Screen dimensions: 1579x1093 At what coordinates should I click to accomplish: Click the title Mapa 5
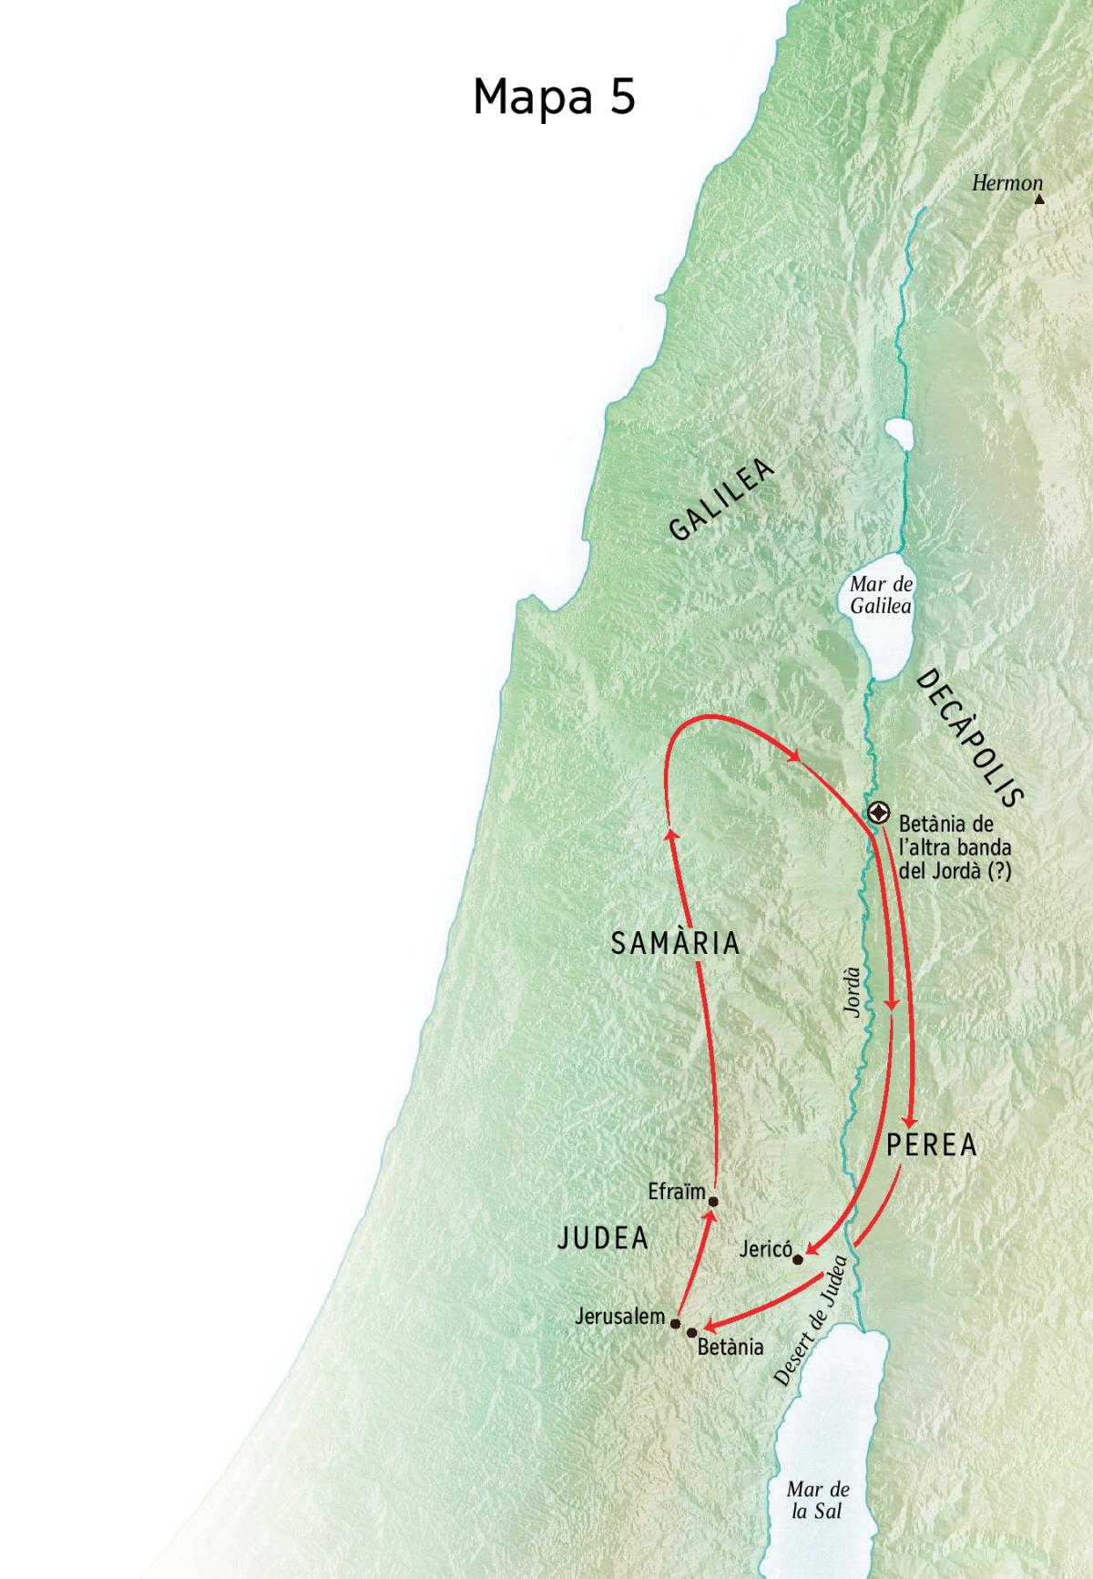point(554,96)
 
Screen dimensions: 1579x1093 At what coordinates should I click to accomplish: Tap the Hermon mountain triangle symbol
point(1039,198)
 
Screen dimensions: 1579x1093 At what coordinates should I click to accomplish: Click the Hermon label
point(1006,183)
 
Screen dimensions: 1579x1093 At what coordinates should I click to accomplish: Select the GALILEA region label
point(721,500)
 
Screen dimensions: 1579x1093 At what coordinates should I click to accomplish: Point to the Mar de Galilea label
point(881,595)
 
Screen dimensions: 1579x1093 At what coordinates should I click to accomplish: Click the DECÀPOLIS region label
point(970,738)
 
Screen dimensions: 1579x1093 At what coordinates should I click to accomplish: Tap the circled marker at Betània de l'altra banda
point(879,812)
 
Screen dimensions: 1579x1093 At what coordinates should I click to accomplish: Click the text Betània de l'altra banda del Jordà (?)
point(955,847)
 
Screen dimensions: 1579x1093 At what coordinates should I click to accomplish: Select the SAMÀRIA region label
point(675,944)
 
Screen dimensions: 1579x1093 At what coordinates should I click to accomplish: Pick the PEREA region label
point(931,1145)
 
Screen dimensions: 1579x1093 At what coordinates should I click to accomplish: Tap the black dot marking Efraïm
point(713,1201)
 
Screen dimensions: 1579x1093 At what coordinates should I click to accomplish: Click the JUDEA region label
point(603,1237)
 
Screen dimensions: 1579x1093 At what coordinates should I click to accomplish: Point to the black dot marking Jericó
point(798,1259)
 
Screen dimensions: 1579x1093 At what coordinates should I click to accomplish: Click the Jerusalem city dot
point(675,1322)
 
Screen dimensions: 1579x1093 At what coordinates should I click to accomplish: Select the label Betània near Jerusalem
point(730,1348)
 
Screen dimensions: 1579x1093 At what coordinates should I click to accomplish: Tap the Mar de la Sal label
point(818,1500)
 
